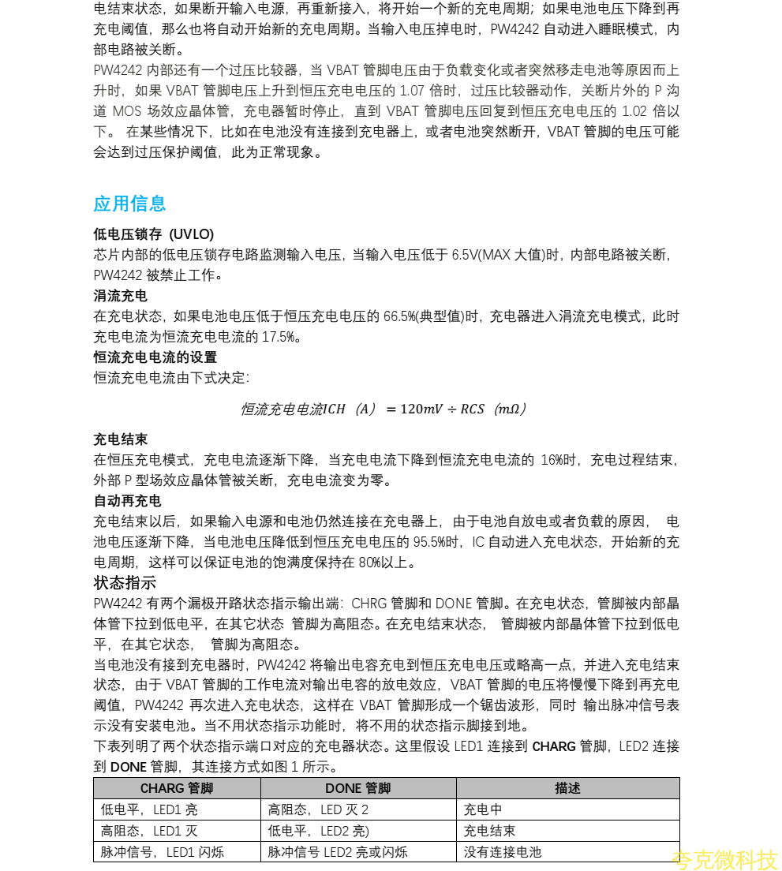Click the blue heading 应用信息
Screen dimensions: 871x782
click(x=129, y=204)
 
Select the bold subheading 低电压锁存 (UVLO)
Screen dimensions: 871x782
click(x=153, y=234)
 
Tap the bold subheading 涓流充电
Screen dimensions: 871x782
click(x=120, y=296)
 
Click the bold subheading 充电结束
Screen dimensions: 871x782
click(x=120, y=439)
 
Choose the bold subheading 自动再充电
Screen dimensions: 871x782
click(x=127, y=501)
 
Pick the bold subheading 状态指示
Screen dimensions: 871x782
click(x=125, y=583)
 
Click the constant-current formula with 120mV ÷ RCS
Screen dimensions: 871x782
click(x=384, y=409)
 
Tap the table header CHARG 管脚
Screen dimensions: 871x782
click(x=177, y=788)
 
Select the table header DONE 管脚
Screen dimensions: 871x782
click(x=357, y=788)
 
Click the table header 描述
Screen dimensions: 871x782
click(x=567, y=788)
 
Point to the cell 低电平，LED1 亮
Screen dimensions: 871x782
click(x=150, y=809)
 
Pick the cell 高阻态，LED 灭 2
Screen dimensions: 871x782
click(x=318, y=809)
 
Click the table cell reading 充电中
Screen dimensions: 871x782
click(x=483, y=809)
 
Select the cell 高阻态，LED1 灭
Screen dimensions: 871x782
click(x=150, y=831)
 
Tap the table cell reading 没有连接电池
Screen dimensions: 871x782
click(x=503, y=852)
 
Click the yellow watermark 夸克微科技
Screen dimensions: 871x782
click(x=724, y=859)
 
